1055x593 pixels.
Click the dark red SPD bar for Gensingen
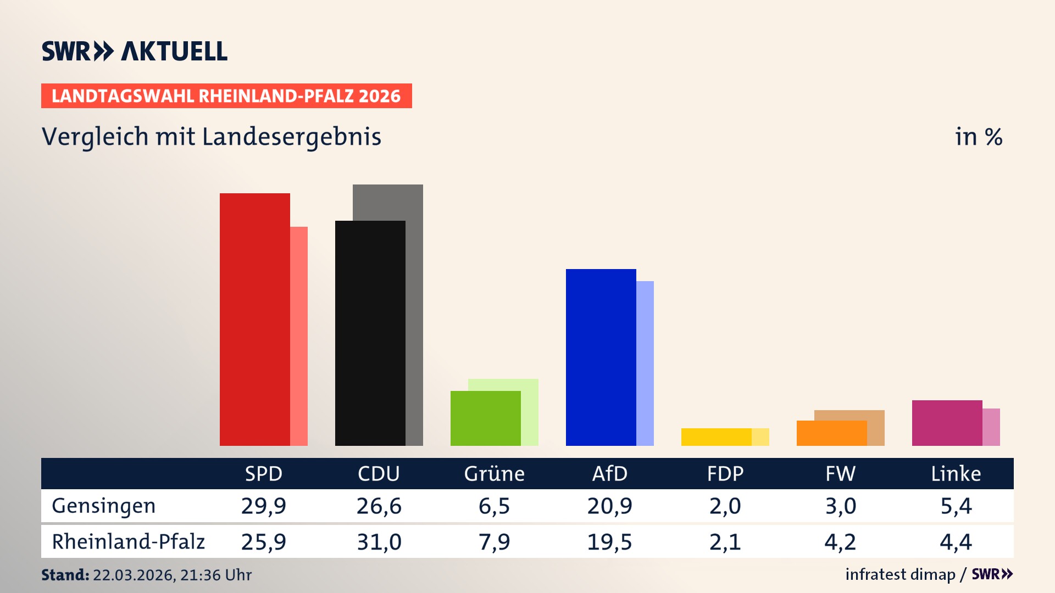[254, 318]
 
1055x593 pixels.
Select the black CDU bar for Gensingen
[370, 333]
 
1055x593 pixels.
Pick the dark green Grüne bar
[485, 418]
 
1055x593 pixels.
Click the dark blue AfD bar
[601, 357]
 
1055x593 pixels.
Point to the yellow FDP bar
[716, 437]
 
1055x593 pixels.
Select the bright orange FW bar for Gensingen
[831, 433]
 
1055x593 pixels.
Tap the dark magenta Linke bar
[947, 423]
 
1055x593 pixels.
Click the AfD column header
[609, 473]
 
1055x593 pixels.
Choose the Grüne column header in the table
[494, 473]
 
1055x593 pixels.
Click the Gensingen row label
[104, 506]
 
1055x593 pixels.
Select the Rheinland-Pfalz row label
[128, 541]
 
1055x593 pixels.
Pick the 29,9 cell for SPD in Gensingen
[263, 506]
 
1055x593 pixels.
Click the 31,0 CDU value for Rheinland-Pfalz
[379, 542]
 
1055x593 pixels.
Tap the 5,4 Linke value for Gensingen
[956, 506]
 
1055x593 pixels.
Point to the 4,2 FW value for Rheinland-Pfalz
[840, 542]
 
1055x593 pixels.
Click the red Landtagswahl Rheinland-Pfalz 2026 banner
[226, 96]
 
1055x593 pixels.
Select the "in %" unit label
[978, 137]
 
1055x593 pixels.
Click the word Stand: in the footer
[65, 575]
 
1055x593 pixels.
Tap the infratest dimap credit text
[900, 574]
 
